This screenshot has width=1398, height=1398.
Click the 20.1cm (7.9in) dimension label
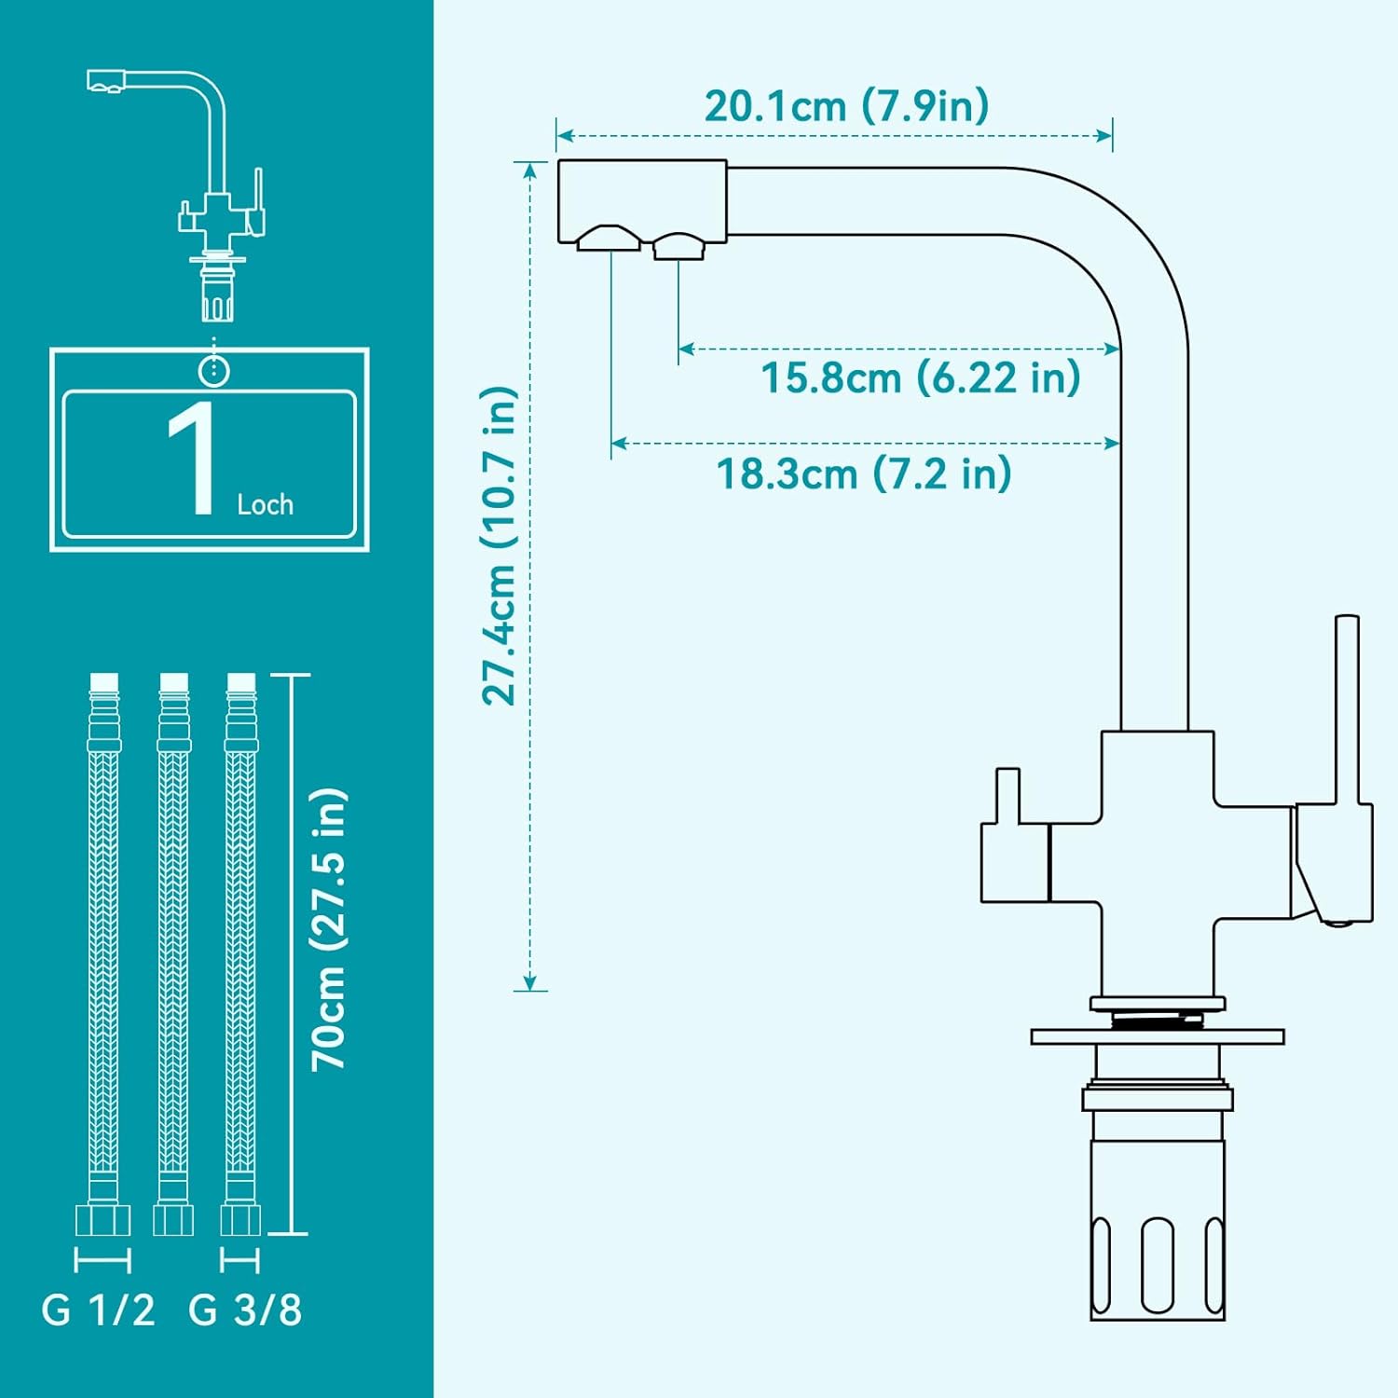pos(846,106)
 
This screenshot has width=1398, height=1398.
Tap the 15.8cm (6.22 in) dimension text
pos(921,377)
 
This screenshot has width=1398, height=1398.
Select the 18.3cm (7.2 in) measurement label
pos(864,473)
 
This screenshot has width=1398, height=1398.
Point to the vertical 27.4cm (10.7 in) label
pos(499,545)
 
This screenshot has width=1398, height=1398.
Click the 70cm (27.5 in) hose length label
pos(329,929)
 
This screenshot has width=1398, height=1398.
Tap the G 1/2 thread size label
pos(98,1309)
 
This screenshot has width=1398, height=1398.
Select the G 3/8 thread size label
pos(245,1309)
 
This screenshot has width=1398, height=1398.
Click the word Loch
pos(266,504)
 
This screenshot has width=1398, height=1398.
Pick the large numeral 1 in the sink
pos(193,458)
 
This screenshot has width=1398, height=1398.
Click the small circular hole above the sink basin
pos(214,370)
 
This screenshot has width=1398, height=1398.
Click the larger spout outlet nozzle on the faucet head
pos(609,239)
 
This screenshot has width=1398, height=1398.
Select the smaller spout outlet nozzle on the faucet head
pos(678,247)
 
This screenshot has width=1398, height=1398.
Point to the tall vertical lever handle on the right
pos(1347,708)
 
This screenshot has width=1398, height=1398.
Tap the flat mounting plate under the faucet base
pos(1158,1036)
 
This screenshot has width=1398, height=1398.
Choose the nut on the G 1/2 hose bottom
pos(103,1220)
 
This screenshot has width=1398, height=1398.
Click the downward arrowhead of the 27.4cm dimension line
pos(529,983)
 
